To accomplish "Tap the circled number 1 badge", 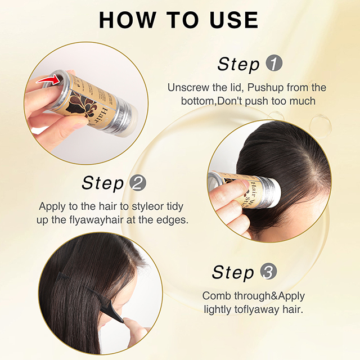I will pos(273,64).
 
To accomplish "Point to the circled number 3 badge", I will pos(269,272).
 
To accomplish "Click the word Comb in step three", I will pos(215,296).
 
